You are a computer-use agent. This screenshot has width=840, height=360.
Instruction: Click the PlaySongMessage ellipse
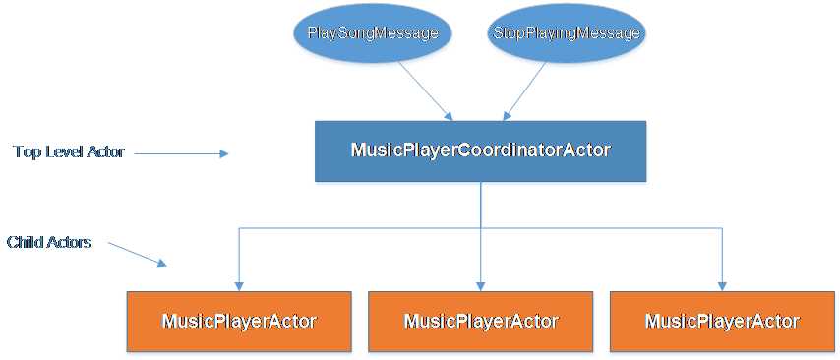pos(372,32)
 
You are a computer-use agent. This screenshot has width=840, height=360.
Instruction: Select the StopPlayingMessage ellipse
pos(565,32)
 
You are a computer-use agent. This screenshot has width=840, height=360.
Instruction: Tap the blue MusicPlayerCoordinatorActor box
pos(480,150)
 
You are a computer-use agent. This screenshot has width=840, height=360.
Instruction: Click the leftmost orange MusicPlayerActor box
pos(239,321)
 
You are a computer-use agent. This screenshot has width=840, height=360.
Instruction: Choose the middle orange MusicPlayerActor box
pos(480,321)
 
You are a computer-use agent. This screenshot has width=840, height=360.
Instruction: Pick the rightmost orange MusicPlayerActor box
pos(722,321)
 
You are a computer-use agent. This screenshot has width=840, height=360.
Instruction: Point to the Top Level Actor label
pos(69,151)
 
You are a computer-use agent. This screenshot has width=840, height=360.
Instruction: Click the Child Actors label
pos(49,241)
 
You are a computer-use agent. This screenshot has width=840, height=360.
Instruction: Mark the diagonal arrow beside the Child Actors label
pos(138,254)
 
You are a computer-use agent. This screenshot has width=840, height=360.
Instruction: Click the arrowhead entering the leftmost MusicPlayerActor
pos(239,286)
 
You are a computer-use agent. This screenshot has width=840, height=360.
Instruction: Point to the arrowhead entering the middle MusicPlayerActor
pos(480,286)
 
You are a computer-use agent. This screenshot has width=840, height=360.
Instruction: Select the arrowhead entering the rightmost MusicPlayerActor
pos(722,286)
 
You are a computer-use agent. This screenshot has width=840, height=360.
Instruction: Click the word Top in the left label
pos(26,151)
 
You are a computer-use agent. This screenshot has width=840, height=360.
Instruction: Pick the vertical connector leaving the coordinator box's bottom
pos(480,205)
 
